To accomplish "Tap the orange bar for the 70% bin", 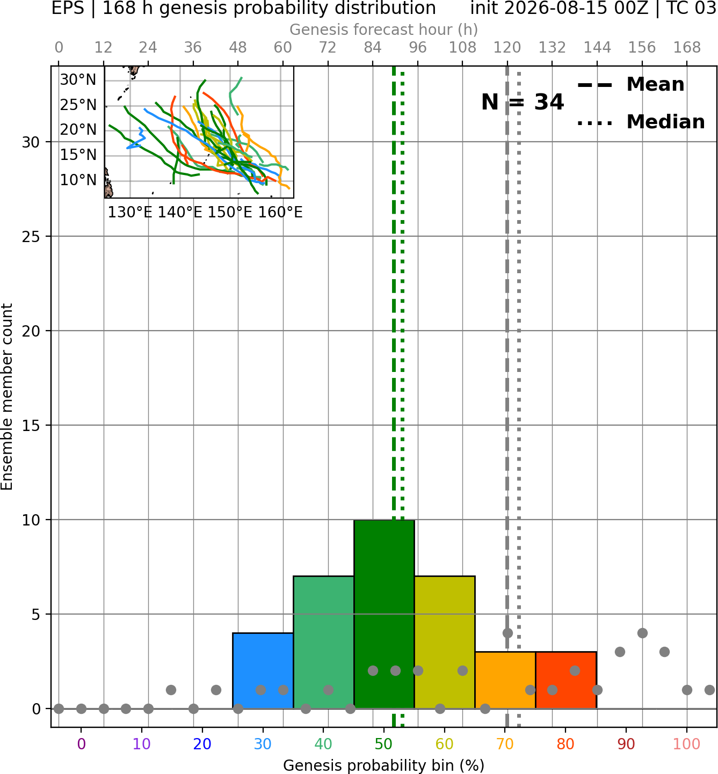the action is click(x=505, y=680).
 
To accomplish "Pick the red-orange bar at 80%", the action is click(x=566, y=680).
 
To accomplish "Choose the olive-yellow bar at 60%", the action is click(x=445, y=642).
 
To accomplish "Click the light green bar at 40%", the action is click(x=324, y=642).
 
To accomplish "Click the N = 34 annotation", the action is click(x=523, y=102).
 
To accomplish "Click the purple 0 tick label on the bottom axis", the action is click(x=81, y=744).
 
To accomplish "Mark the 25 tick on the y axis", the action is click(x=31, y=237).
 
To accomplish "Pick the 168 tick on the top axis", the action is click(x=687, y=48).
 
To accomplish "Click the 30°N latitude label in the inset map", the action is click(x=78, y=80).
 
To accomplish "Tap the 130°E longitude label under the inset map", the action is click(x=130, y=213).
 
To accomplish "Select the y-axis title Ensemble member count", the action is click(x=6, y=397).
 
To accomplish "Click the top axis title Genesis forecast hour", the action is click(x=383, y=30).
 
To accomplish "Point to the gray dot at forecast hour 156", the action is click(x=642, y=633).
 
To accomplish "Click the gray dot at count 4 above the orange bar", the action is click(x=507, y=633).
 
